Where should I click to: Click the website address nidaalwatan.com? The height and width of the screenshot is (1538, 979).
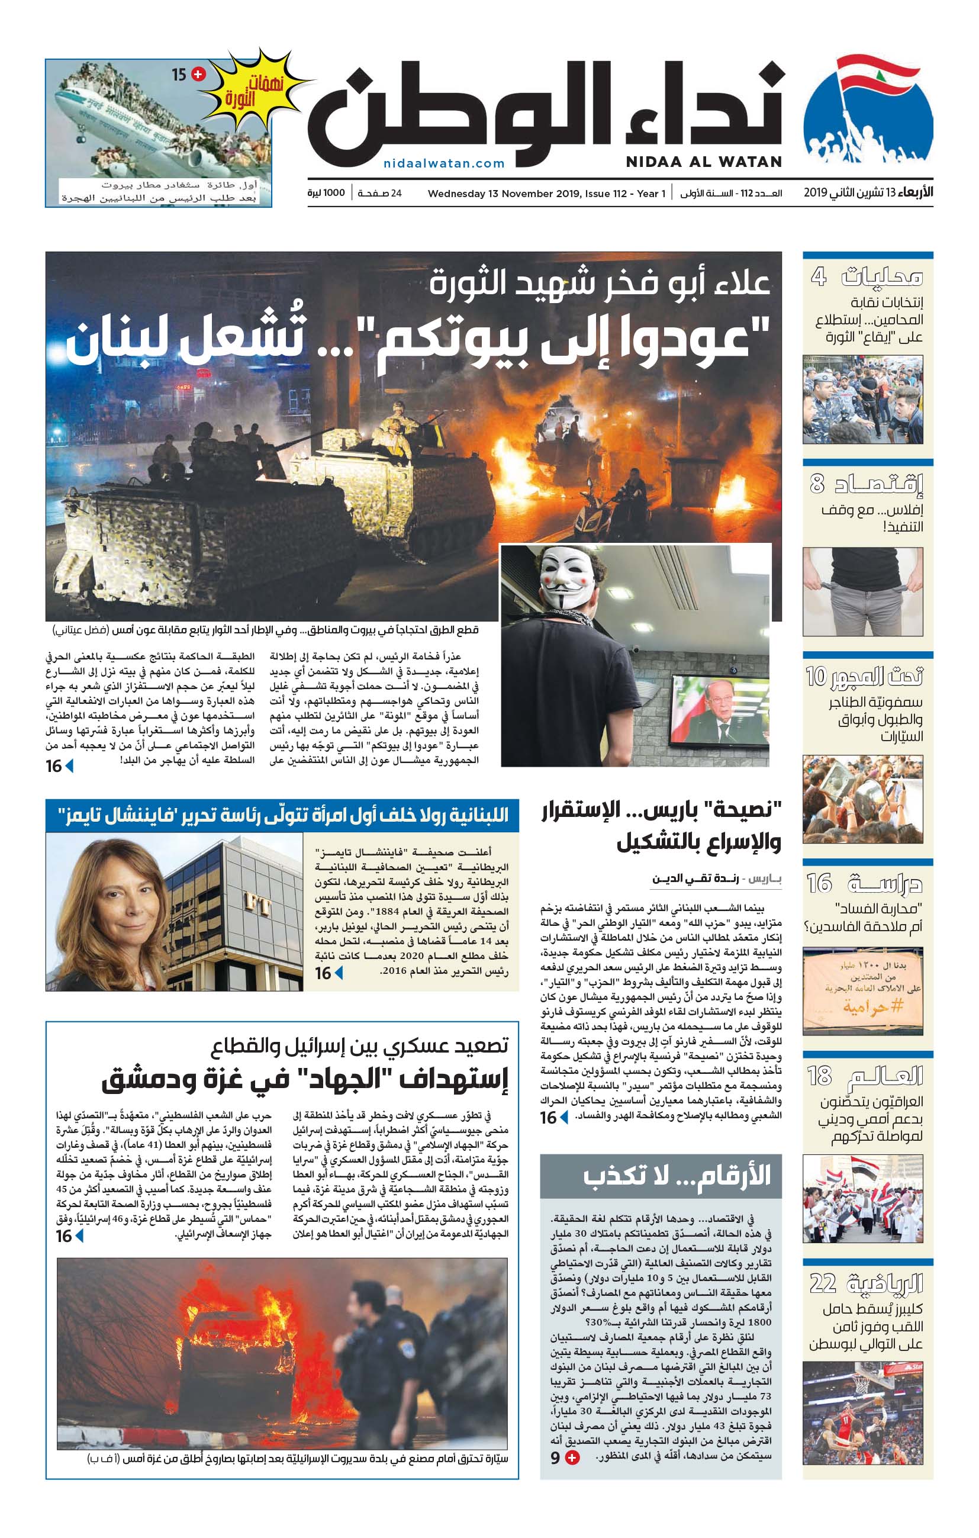click(x=444, y=163)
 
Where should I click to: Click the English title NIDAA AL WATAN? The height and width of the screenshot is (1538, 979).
click(x=703, y=162)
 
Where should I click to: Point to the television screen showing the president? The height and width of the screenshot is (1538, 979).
click(x=720, y=711)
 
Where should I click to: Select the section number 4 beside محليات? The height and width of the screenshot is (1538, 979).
click(x=819, y=277)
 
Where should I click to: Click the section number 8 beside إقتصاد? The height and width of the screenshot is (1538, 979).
click(x=817, y=484)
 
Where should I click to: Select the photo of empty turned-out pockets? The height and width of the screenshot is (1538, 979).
click(x=862, y=591)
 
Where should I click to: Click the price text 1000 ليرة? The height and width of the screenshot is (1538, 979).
click(x=326, y=193)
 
